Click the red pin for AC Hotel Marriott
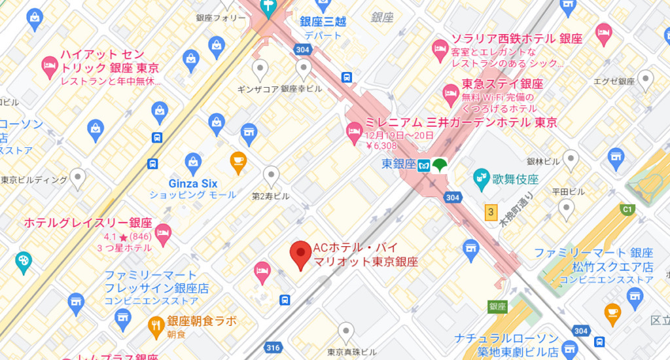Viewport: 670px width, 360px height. point(300,255)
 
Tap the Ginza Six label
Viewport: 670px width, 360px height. point(193,183)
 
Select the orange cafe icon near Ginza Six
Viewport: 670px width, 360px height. point(238,160)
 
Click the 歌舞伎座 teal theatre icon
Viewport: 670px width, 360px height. point(482,177)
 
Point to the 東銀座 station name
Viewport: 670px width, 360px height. point(397,165)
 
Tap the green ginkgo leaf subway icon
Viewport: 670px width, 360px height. point(438,164)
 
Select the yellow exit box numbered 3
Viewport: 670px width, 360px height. point(490,212)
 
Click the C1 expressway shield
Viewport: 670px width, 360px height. point(627,209)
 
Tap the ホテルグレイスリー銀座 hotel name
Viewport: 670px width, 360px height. point(88,223)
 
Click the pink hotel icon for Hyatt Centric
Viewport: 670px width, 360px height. point(48,64)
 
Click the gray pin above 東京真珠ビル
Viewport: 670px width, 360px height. point(345,331)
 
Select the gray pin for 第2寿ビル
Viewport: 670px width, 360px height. point(271,175)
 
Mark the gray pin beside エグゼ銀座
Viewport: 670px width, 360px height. point(646,80)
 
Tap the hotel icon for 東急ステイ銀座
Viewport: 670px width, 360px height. point(450,94)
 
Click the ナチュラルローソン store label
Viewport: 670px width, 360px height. point(507,339)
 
